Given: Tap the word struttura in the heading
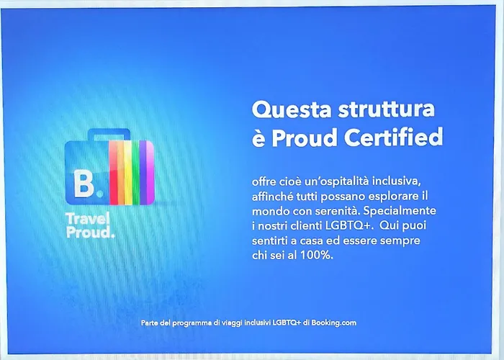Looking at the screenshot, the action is pos(387,109).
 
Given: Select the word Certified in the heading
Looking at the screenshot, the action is pos(394,138).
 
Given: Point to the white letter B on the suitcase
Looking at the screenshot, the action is pos(84,183).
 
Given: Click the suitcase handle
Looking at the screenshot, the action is pos(109,135).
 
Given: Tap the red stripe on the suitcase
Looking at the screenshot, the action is pos(114,173).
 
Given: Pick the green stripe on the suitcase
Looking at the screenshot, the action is pos(135,173).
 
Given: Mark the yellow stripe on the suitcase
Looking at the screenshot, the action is pos(128,173).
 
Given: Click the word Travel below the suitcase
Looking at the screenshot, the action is pos(88,219).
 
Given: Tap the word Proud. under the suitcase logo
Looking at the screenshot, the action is pos(90,233).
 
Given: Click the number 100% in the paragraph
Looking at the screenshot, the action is pos(317,255).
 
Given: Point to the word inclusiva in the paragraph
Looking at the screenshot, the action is pos(396,181).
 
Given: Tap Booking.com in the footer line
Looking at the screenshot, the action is pos(333,323).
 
